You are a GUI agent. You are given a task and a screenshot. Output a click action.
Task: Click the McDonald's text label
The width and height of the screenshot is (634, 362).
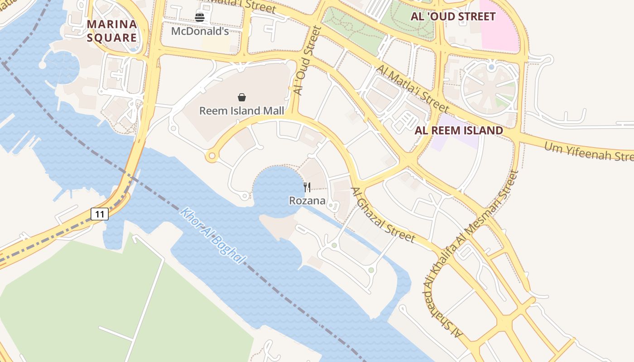[200, 31]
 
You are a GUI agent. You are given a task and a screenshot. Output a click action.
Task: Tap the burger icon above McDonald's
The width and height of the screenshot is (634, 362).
[200, 18]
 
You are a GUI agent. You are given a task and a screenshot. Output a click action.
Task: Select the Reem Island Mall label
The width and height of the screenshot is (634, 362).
[242, 111]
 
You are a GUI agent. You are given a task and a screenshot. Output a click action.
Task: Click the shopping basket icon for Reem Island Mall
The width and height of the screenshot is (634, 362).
[242, 97]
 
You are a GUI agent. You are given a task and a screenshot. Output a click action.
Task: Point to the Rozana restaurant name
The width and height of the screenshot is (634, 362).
[307, 200]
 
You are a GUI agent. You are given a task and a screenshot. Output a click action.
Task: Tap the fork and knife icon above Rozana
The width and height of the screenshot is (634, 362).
[307, 187]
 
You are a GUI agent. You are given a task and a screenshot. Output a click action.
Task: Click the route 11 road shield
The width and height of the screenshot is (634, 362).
[100, 214]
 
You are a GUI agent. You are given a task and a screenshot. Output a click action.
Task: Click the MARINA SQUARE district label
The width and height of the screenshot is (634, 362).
[111, 31]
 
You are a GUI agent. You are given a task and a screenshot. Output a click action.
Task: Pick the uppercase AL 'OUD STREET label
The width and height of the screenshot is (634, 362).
[453, 17]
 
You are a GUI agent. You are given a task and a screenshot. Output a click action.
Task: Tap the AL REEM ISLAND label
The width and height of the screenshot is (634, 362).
[459, 131]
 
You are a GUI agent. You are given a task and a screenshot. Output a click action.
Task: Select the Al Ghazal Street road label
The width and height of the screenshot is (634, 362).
[383, 215]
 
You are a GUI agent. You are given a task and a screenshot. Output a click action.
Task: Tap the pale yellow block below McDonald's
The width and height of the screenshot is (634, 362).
[216, 44]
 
